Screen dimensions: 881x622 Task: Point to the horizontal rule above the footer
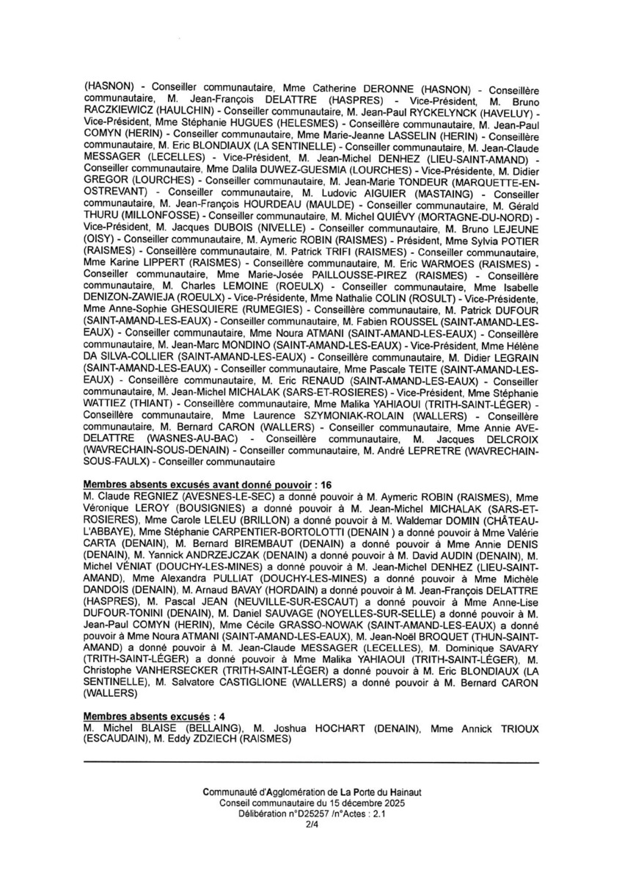311,763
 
